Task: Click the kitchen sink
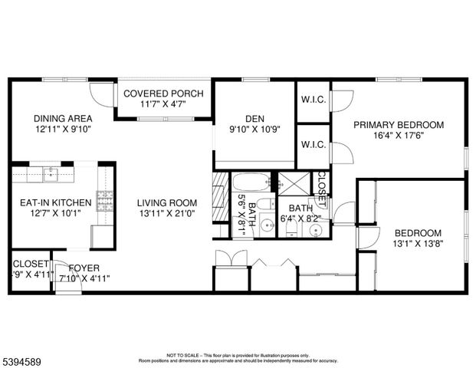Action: coord(51,176)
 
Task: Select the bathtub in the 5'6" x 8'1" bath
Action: coord(251,183)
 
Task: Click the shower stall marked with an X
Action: coord(292,184)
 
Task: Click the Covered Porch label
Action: coord(163,94)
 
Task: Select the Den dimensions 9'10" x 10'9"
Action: coord(254,130)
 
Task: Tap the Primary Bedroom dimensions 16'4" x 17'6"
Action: coord(398,135)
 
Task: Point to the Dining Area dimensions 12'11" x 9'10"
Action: coord(63,129)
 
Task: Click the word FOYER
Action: coord(84,268)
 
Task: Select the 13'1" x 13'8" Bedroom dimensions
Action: coord(418,244)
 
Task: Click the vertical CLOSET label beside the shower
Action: coord(322,185)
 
